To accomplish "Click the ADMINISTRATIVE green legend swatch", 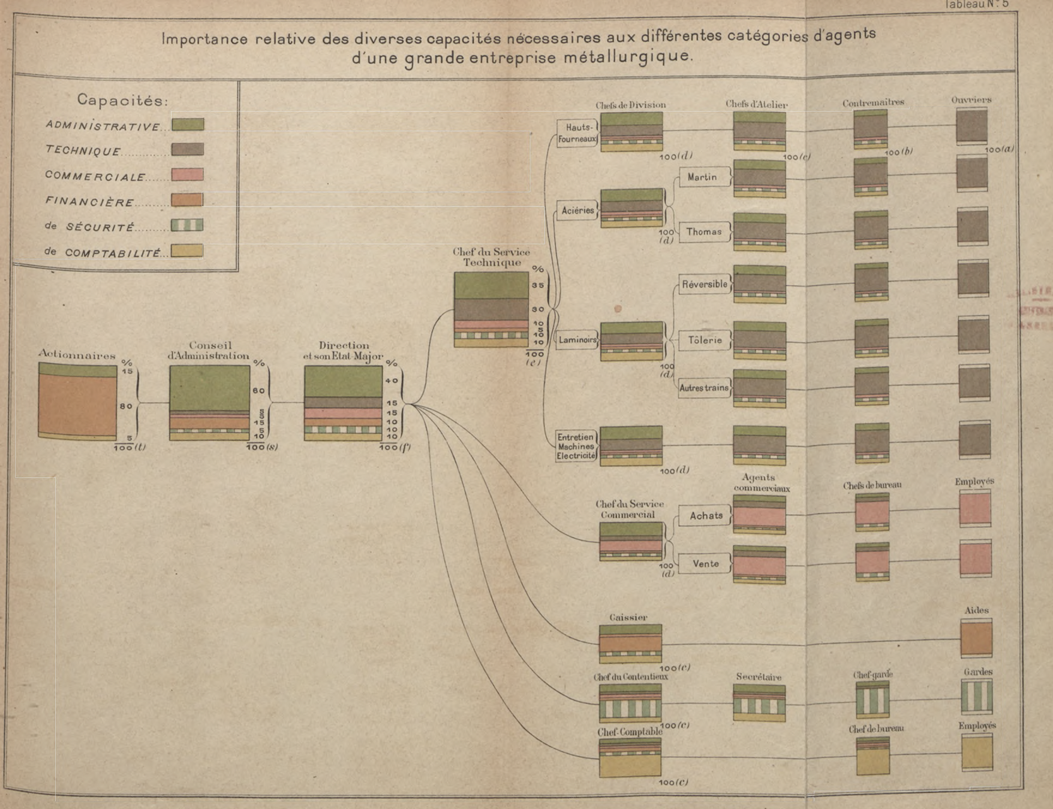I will point(188,125).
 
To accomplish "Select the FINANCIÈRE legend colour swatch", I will point(187,200).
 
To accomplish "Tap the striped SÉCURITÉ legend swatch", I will point(187,225).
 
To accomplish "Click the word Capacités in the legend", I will point(122,101).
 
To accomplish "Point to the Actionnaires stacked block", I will point(77,401).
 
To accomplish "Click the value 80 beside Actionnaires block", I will point(126,406).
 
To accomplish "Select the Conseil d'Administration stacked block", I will point(209,403).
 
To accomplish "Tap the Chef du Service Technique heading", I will point(491,257).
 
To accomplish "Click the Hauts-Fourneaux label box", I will point(577,133).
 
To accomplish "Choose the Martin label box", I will point(702,177).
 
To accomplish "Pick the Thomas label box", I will point(704,232).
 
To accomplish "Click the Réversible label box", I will point(705,284).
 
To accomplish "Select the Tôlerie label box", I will point(705,340).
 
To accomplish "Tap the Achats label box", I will point(706,516).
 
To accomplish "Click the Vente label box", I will point(706,564).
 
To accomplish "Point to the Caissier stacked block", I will point(630,644).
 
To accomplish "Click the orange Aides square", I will point(976,638).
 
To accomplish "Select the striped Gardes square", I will point(977,696).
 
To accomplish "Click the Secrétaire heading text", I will point(759,677).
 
